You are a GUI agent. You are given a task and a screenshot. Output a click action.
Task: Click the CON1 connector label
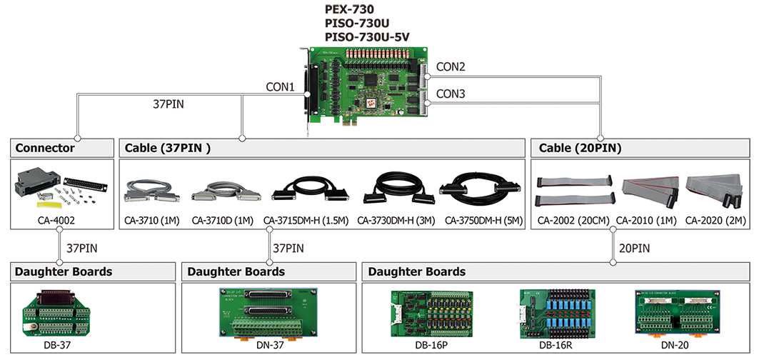pos(280,86)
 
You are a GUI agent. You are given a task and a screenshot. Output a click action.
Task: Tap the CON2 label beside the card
pos(451,66)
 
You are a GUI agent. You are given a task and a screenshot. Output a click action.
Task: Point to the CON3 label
pos(451,94)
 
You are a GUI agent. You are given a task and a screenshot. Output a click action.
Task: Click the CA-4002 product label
pos(56,221)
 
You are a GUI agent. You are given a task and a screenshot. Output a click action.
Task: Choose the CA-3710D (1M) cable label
pos(223,221)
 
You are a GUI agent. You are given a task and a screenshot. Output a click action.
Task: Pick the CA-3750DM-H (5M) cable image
pos(480,189)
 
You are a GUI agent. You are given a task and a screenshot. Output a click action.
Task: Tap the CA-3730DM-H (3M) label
pos(396,221)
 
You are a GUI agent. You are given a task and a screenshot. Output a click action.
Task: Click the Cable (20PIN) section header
pos(576,149)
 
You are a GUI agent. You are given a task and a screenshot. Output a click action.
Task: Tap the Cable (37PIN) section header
pos(168,149)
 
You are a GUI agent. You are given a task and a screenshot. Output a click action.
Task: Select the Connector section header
pos(45,149)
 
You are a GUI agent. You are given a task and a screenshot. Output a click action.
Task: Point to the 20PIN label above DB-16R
pos(635,249)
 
